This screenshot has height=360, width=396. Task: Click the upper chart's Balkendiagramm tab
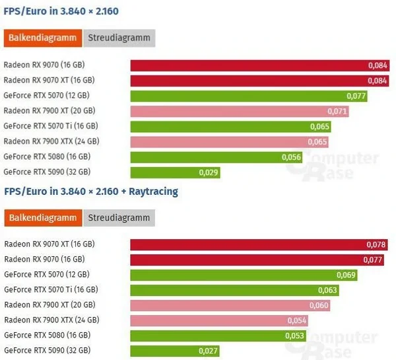[43, 38]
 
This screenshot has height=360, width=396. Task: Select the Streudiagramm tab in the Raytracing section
[119, 217]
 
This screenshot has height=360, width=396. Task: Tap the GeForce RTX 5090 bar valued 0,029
[175, 172]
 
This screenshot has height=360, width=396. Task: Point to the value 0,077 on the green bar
[356, 96]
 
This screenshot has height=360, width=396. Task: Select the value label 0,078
[375, 244]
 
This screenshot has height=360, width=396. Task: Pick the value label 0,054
[296, 320]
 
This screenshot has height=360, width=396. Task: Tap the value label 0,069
[346, 275]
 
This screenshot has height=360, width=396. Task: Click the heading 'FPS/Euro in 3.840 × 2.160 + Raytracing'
[91, 192]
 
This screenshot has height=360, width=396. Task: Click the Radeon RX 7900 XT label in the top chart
[49, 111]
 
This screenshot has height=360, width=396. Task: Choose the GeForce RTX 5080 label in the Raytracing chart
[48, 336]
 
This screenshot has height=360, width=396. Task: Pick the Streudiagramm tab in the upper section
[119, 38]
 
